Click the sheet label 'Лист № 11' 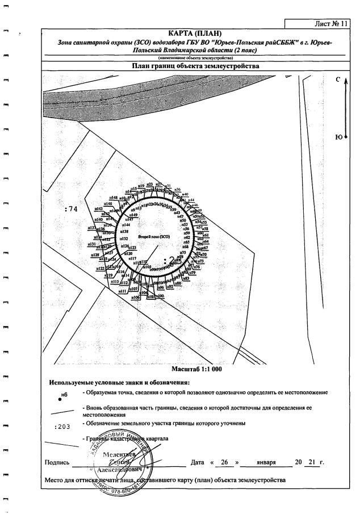pyautogui.click(x=329, y=24)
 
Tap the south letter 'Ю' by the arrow pyautogui.click(x=338, y=137)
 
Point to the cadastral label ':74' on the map pyautogui.click(x=71, y=209)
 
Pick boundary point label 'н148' pyautogui.click(x=114, y=198)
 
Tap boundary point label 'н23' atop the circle pyautogui.click(x=149, y=185)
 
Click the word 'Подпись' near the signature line pyautogui.click(x=57, y=462)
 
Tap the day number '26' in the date pyautogui.click(x=224, y=462)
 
